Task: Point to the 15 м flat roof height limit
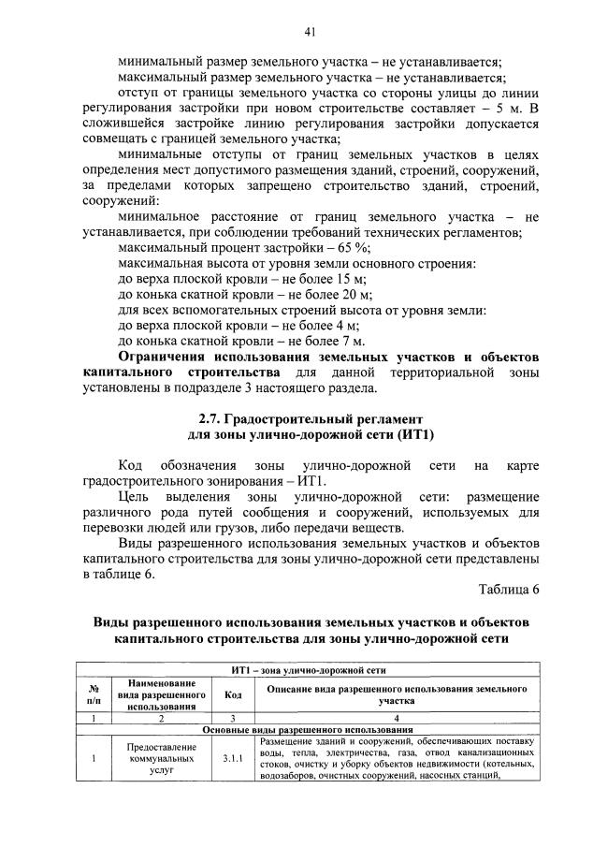(348, 279)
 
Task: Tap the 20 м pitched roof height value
(354, 295)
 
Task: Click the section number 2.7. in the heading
(212, 417)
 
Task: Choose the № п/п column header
(94, 694)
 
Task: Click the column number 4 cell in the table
(397, 717)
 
